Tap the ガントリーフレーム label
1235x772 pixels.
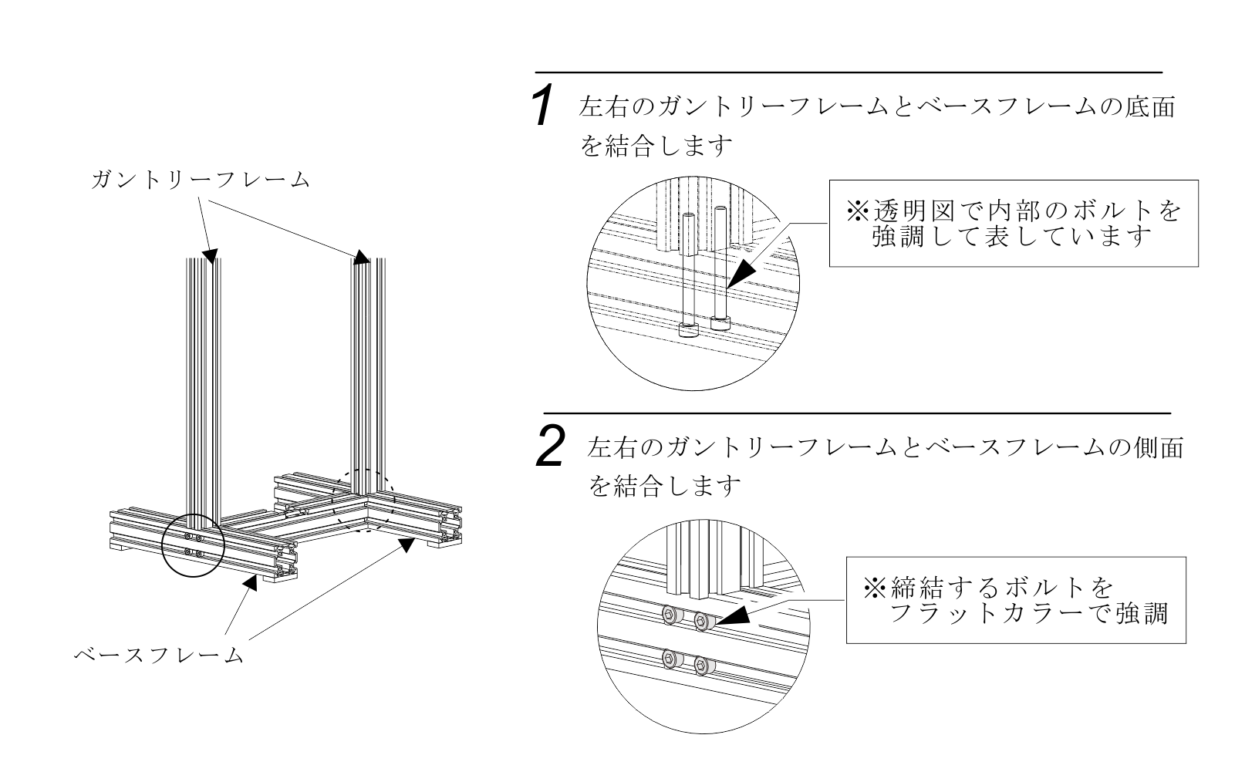point(200,180)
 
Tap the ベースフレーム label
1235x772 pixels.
point(158,656)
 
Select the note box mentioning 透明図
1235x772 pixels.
point(1013,223)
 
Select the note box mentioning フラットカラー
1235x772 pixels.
point(1015,599)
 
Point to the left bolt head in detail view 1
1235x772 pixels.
point(688,330)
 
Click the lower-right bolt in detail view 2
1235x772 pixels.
point(702,664)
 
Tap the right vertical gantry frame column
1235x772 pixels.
point(369,370)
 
